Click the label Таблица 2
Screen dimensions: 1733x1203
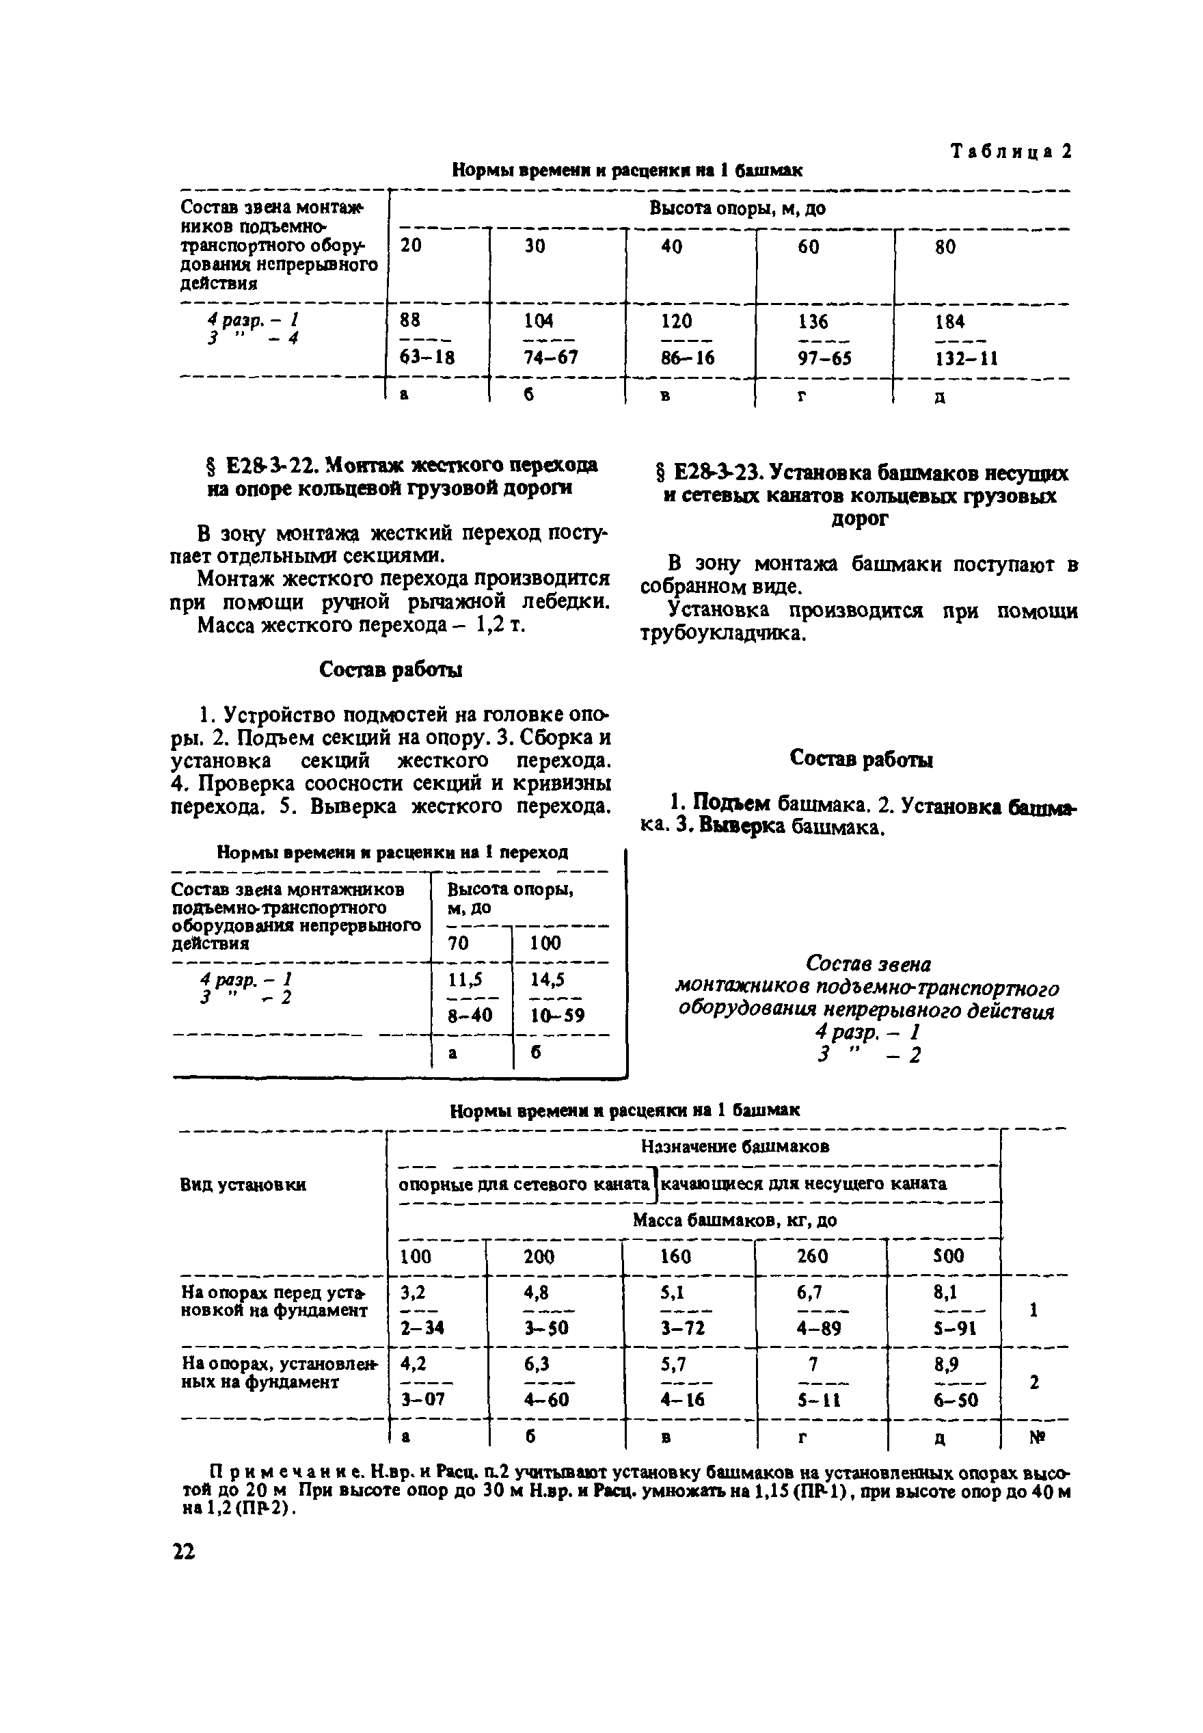(x=1010, y=152)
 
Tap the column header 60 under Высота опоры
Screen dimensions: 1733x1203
(x=808, y=247)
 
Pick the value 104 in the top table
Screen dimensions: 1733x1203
(x=538, y=321)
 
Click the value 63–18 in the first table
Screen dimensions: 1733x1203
(x=427, y=358)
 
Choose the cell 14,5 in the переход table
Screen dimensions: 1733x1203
(x=548, y=979)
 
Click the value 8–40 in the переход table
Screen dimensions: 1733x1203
(x=470, y=1015)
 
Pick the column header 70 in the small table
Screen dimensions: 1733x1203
(x=457, y=942)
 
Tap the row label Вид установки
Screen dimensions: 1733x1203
(x=243, y=1185)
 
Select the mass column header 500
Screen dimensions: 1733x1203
(x=948, y=1256)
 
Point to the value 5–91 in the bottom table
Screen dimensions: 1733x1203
(x=954, y=1328)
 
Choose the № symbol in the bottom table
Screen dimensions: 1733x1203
(x=1036, y=1437)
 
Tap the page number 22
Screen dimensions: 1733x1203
(x=183, y=1551)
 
